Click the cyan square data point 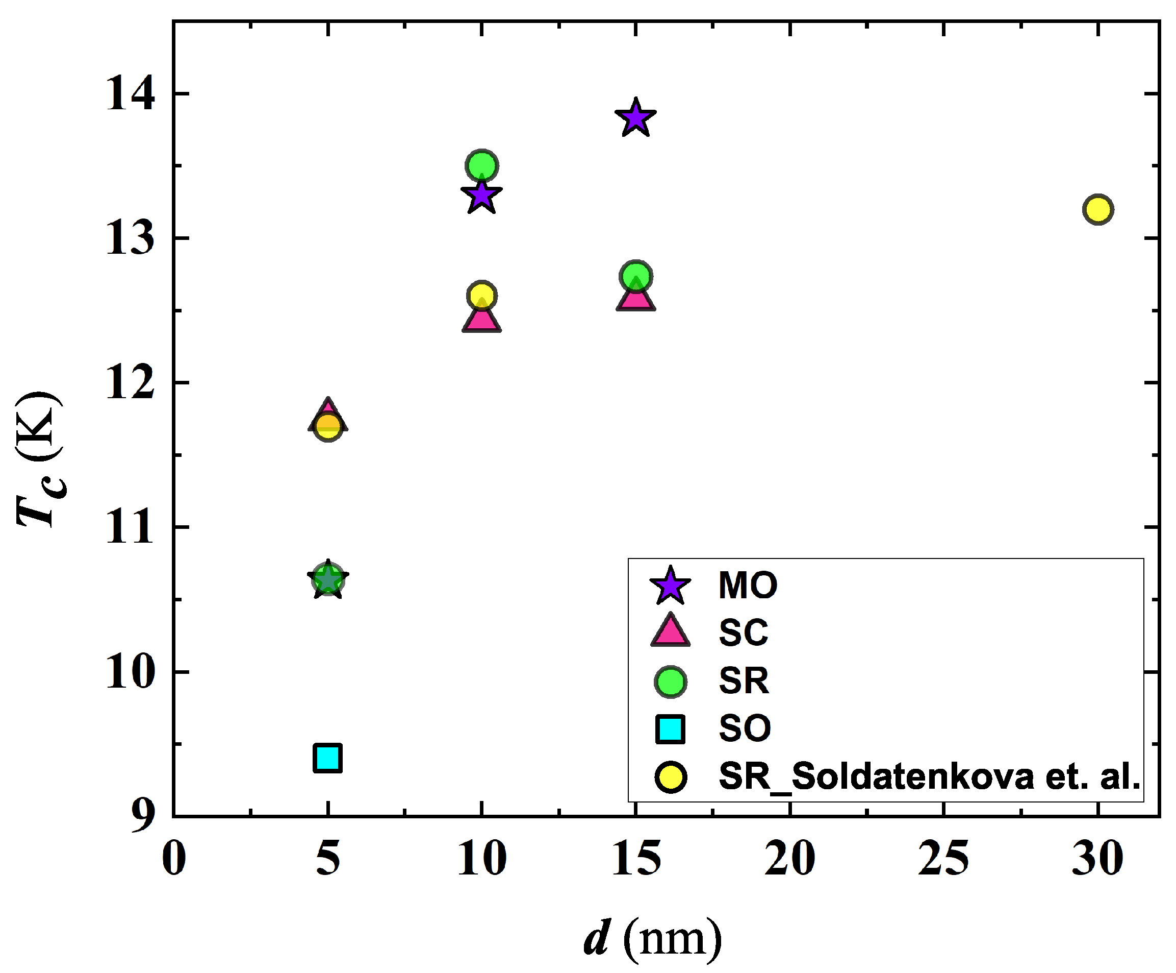click(x=327, y=758)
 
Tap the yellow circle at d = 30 click(x=1097, y=210)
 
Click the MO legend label click(x=748, y=586)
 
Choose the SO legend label click(x=745, y=728)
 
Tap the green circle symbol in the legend click(x=670, y=682)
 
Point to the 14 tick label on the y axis click(x=130, y=94)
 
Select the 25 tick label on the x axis click(x=943, y=859)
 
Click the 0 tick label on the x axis click(x=173, y=859)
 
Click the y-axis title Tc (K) click(x=39, y=459)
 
